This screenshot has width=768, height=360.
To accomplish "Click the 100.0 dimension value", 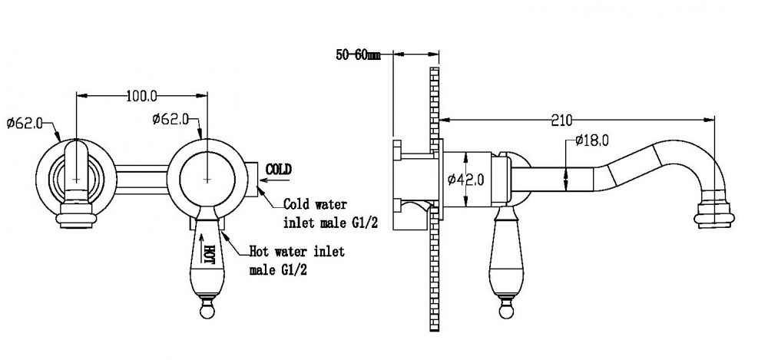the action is [141, 96].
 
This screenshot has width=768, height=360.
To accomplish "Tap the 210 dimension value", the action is [561, 120].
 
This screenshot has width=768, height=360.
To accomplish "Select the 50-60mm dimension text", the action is [358, 54].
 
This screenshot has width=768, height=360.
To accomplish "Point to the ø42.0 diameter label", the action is [466, 180].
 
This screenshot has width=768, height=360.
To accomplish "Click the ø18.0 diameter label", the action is [591, 141].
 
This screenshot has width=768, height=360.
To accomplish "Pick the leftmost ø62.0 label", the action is [25, 123].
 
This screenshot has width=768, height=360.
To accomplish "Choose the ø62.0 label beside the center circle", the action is [170, 118].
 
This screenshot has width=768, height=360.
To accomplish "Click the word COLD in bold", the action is [278, 170].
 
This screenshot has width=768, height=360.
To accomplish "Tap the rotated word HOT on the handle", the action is [209, 255].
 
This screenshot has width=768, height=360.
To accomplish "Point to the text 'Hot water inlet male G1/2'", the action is [296, 261].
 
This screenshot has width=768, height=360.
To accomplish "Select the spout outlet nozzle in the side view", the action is [714, 213].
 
